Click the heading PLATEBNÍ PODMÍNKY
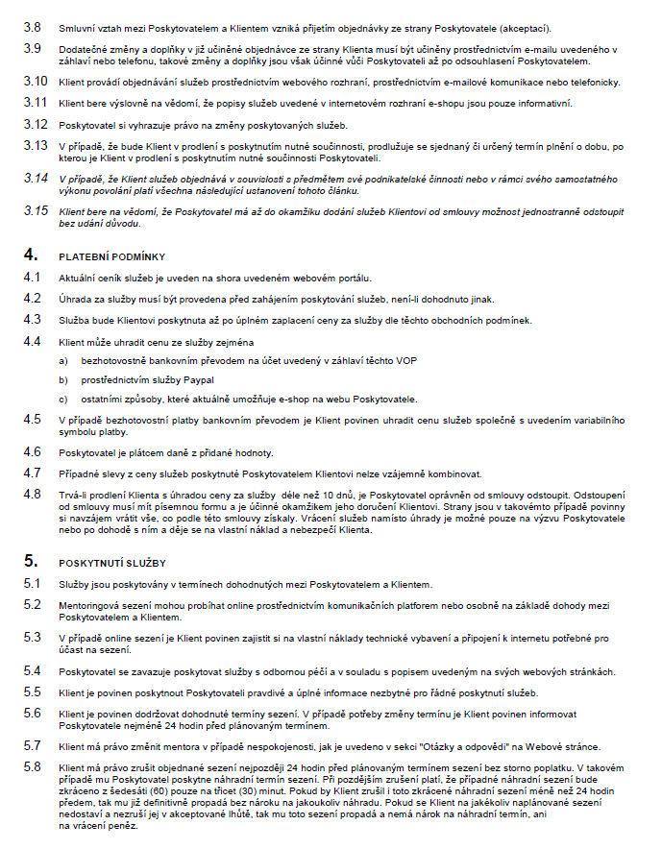(x=112, y=256)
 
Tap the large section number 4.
(x=31, y=255)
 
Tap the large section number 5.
(x=31, y=562)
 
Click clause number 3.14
(x=36, y=179)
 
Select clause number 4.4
(x=33, y=341)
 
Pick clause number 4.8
(x=33, y=494)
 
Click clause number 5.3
(x=33, y=637)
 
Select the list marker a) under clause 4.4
(x=63, y=360)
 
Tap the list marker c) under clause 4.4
(x=63, y=398)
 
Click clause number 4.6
(x=33, y=452)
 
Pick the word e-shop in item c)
(x=293, y=398)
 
